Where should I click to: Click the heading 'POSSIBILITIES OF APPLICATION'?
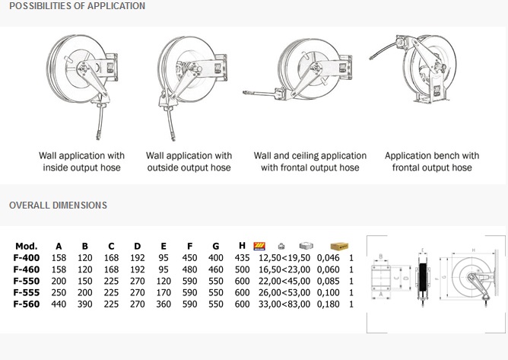(77, 6)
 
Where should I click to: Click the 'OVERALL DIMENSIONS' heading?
(58, 205)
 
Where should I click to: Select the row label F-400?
(27, 258)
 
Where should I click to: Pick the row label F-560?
(27, 304)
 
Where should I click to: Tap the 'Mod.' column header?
(26, 247)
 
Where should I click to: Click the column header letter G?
(216, 247)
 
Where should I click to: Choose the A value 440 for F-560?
(59, 304)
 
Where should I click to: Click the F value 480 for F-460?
(190, 269)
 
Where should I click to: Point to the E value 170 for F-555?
(164, 292)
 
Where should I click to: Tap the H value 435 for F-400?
(243, 258)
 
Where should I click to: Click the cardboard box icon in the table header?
(338, 247)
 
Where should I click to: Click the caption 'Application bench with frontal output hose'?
(432, 161)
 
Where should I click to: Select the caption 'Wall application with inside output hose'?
(82, 161)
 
